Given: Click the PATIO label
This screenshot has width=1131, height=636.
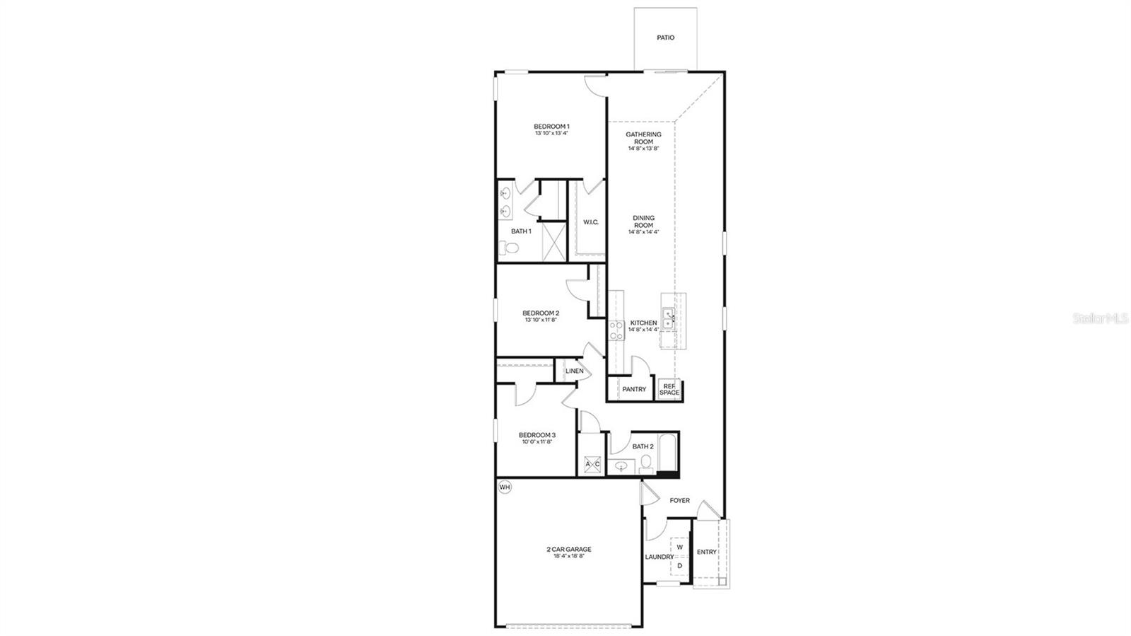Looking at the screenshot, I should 665,37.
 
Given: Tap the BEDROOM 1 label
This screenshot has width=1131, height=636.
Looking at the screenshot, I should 551,126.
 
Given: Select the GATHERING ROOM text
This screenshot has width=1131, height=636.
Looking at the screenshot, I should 643,138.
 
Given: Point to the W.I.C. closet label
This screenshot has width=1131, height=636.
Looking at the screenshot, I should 591,222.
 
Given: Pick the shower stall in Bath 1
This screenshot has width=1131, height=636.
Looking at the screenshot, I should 553,241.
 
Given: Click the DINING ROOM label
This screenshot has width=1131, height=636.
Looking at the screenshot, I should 643,221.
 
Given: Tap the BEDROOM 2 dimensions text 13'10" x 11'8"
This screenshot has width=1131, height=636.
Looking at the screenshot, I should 541,320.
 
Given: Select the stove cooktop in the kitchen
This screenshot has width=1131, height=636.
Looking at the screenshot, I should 616,330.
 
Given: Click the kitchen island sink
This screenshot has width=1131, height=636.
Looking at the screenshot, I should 668,318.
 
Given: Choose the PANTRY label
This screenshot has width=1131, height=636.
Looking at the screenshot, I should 634,389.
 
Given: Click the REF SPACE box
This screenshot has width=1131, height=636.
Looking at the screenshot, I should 669,390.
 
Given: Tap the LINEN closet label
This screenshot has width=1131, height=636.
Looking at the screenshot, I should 574,371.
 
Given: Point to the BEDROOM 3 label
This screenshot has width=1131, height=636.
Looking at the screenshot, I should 537,435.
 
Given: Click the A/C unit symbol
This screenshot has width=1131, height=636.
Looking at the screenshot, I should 592,464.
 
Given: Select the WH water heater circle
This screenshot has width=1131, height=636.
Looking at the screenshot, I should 505,487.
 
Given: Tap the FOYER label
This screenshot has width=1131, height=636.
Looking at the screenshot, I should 679,500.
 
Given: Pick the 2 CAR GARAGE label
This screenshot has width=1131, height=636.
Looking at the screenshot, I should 568,549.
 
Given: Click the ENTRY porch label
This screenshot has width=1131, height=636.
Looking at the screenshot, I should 706,552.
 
